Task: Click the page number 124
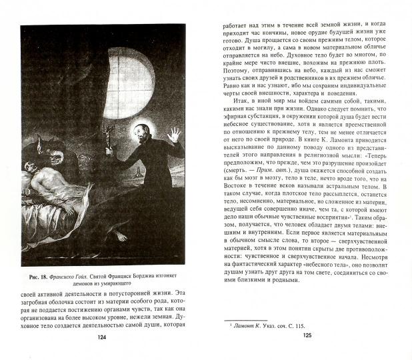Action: pyautogui.click(x=101, y=337)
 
